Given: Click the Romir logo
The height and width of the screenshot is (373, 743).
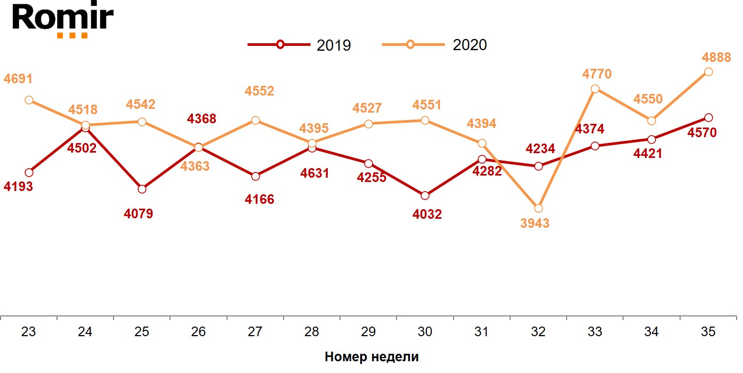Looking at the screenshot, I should click(x=63, y=20).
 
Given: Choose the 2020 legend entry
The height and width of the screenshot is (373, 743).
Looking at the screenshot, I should click(x=435, y=45).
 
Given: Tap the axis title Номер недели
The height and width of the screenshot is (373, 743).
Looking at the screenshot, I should click(x=371, y=357).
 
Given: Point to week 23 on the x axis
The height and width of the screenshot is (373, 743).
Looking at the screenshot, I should click(x=29, y=332).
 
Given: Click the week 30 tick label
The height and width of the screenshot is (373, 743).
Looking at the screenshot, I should click(x=425, y=332).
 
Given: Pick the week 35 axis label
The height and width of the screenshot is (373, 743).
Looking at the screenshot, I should click(x=708, y=332).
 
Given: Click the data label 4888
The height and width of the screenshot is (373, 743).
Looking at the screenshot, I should click(x=716, y=57).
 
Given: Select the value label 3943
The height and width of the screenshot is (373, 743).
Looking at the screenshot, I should click(x=534, y=223).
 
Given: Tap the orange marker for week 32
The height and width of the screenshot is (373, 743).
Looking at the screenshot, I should click(x=538, y=208).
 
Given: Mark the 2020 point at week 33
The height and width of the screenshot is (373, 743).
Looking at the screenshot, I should click(x=595, y=89).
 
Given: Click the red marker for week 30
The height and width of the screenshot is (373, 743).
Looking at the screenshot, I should click(x=425, y=195).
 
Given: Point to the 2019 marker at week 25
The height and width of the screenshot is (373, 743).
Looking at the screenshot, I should click(x=142, y=189).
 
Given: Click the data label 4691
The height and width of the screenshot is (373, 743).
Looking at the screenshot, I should click(x=18, y=79).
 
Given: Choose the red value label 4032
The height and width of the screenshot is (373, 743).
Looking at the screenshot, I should click(x=427, y=215).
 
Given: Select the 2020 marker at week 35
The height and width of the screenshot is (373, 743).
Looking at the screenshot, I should click(x=708, y=72).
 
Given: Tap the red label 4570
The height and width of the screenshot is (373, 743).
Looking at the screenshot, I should click(x=702, y=132).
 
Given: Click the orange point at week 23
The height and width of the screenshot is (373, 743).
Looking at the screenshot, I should click(x=29, y=100).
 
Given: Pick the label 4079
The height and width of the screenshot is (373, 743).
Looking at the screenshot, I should click(x=138, y=214).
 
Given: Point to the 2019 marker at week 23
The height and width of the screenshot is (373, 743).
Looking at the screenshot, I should click(x=29, y=172).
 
